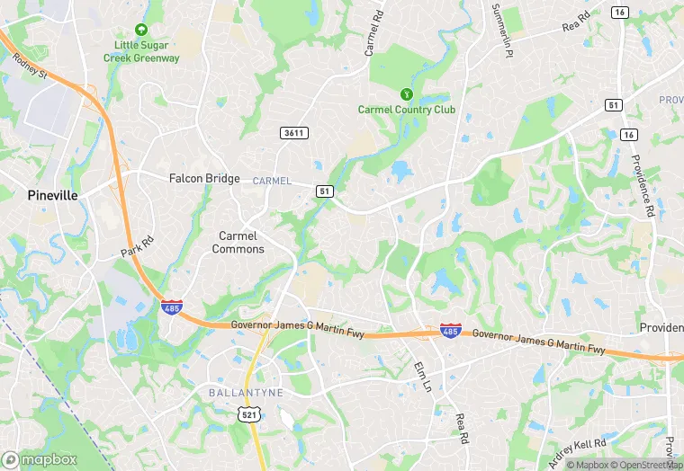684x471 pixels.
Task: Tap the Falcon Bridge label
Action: [x=204, y=178]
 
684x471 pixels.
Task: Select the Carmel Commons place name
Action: [x=238, y=243]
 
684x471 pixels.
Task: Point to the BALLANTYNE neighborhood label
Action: [x=246, y=393]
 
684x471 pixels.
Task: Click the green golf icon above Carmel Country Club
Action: [x=407, y=93]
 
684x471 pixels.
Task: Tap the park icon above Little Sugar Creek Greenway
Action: [x=139, y=30]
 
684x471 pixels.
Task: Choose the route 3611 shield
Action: [x=293, y=133]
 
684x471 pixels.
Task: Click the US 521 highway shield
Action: [x=248, y=413]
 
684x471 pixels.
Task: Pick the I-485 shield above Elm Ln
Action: [x=451, y=332]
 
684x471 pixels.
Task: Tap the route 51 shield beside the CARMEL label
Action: [x=325, y=191]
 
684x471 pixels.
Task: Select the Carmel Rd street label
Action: [x=373, y=35]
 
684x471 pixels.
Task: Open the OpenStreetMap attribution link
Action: [x=644, y=465]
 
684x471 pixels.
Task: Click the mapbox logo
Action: [x=40, y=458]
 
